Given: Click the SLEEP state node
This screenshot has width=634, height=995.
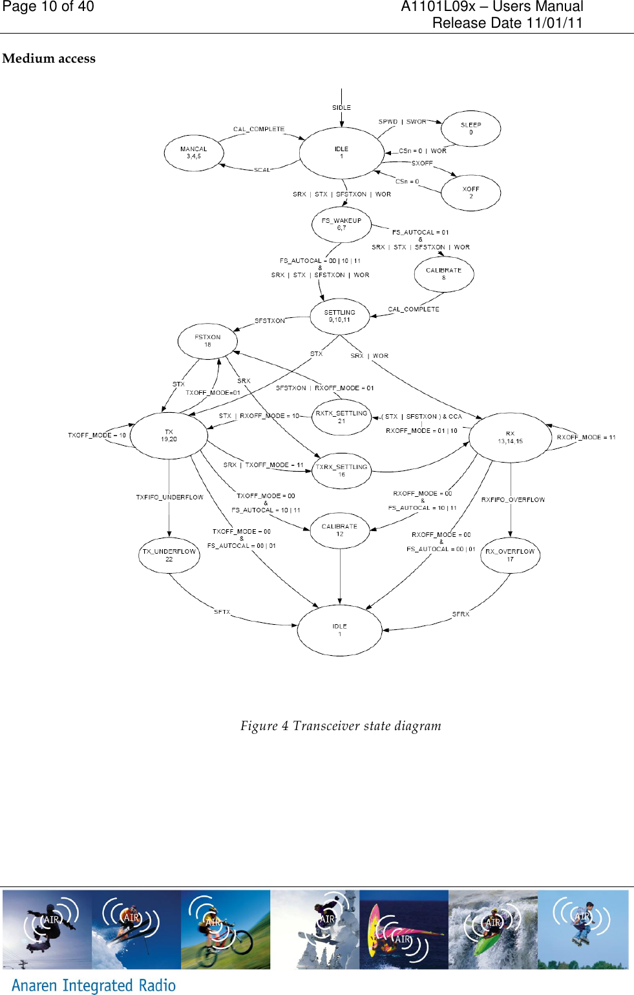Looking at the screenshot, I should pos(470,129).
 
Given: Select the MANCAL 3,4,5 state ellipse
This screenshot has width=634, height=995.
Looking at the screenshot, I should pos(194,153).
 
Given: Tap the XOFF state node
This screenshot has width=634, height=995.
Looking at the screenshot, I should pos(470,193).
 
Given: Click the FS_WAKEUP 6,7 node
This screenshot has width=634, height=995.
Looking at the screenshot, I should pos(341,224).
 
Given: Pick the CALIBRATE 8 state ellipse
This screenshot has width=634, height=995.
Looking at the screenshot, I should pos(443,274).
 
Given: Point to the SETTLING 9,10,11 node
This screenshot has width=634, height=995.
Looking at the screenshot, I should pos(339,316).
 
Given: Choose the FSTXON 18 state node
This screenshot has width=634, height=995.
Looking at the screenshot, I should pos(207,340).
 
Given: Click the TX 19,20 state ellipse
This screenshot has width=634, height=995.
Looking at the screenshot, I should pos(169,435).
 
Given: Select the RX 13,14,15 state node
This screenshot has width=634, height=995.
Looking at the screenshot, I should pos(510,437).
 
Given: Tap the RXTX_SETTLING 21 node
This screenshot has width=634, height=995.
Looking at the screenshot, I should pos(341,417).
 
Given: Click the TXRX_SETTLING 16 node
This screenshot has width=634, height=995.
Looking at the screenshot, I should pos(341,470).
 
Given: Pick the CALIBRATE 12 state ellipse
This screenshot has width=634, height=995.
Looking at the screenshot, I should pos(339,530).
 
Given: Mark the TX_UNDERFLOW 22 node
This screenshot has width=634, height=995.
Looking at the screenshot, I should pos(169,555).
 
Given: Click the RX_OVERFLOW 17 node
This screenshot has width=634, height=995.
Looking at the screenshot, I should pos(510,555).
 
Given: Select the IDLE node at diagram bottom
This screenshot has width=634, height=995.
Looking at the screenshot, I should pos(339,630).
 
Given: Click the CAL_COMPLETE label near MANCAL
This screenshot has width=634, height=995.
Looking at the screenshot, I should pos(259,129).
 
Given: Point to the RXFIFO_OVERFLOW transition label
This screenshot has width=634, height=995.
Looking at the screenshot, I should pos(513,500).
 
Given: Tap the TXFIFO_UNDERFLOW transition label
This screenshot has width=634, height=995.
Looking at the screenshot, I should pos(169,497).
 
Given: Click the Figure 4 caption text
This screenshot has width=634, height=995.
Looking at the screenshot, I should pos(341,726).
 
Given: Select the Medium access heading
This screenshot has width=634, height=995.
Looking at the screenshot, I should pos(49,59).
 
